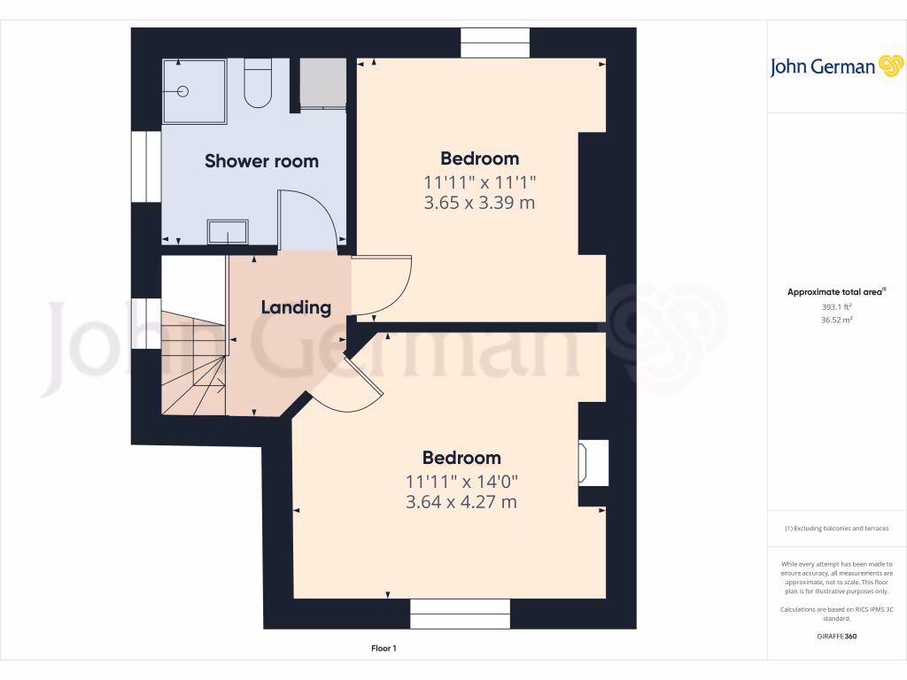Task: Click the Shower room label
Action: click(261, 161)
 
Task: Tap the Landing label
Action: click(296, 307)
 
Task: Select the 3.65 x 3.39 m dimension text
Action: click(480, 203)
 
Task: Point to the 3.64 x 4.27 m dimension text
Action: click(461, 502)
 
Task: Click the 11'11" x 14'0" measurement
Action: click(461, 482)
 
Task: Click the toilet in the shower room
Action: click(258, 83)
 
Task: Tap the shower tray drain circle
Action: click(184, 91)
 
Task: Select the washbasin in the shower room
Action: click(228, 232)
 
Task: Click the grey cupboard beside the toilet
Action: click(322, 83)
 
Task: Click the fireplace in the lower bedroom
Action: click(593, 462)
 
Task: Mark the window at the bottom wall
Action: click(460, 614)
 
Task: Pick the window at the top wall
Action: click(495, 43)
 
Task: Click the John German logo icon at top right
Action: click(889, 66)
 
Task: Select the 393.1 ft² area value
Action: click(837, 306)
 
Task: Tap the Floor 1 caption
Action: click(384, 649)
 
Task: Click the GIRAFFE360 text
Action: click(837, 637)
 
